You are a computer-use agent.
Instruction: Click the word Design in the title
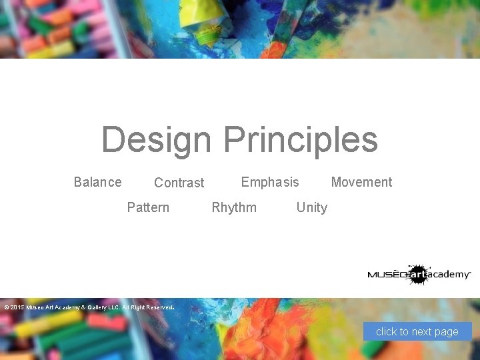(x=156, y=140)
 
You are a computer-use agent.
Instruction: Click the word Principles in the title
(x=301, y=140)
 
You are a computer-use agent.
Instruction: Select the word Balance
(x=97, y=182)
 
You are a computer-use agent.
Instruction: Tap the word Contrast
(x=179, y=183)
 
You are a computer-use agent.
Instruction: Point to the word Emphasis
(x=270, y=182)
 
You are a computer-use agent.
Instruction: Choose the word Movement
(x=361, y=182)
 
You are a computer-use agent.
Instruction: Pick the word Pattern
(x=148, y=207)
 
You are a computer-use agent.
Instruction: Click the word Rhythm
(x=234, y=207)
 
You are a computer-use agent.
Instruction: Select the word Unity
(x=311, y=207)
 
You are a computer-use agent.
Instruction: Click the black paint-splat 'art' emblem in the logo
(x=417, y=274)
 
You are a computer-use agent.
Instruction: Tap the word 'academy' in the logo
(x=449, y=275)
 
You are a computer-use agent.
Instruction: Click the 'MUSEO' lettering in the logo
(x=387, y=275)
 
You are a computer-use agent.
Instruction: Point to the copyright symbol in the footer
(x=6, y=308)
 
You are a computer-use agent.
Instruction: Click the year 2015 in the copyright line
(x=17, y=308)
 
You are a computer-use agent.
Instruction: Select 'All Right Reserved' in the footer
(x=145, y=308)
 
